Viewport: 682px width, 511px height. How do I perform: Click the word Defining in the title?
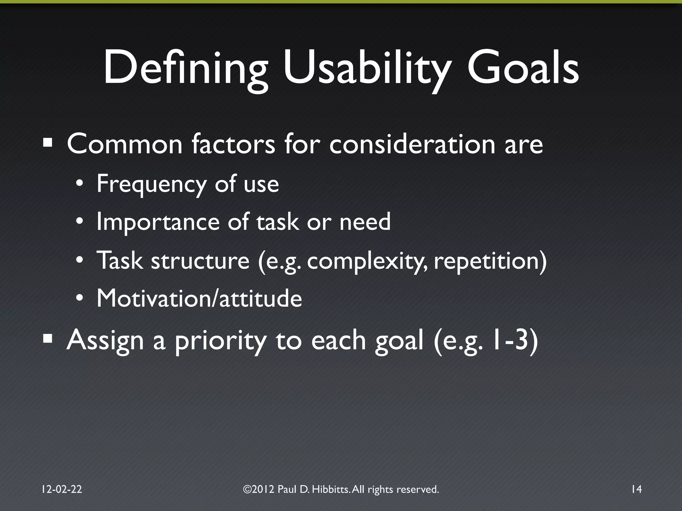point(185,68)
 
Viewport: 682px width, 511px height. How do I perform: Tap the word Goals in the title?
point(523,68)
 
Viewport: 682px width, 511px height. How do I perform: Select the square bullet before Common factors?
point(48,143)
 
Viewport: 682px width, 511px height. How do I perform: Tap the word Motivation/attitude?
point(199,298)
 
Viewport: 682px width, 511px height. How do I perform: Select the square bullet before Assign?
point(48,339)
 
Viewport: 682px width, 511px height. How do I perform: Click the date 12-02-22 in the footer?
point(62,489)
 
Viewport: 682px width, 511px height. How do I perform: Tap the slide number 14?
point(636,489)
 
